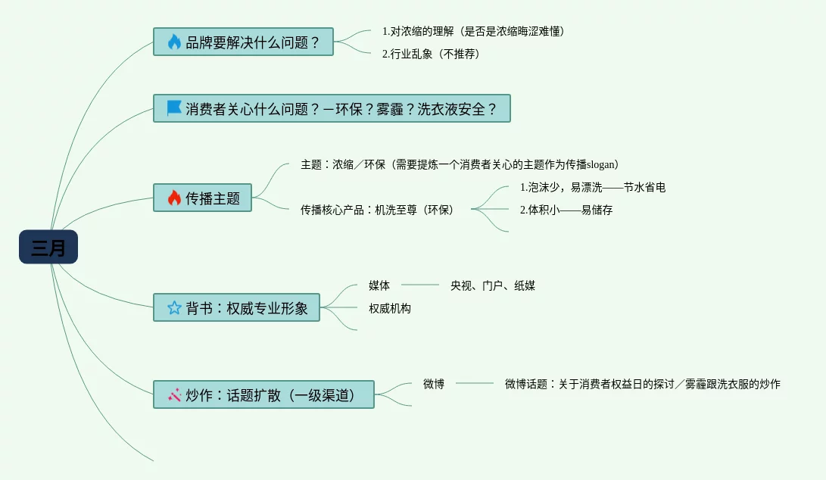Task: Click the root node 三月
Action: tap(48, 247)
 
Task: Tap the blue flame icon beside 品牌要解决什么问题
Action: tap(174, 42)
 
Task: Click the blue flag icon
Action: tap(174, 108)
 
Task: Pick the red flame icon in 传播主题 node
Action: tap(174, 198)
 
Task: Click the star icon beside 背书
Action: tap(174, 307)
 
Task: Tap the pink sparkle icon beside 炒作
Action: tap(174, 394)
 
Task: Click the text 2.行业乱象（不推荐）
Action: tap(431, 54)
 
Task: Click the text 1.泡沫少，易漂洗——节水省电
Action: tap(592, 187)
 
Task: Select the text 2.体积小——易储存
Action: tap(566, 210)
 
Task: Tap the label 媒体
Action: tap(379, 285)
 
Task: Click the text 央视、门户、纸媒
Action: tap(492, 285)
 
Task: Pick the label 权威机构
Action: tap(390, 308)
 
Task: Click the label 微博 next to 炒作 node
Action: tap(434, 384)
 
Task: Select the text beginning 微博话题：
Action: tap(642, 384)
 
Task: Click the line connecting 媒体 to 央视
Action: tap(420, 285)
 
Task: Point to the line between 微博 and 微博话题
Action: tap(474, 383)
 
